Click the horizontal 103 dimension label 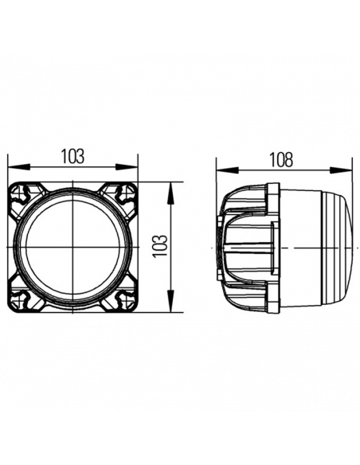[x=72, y=156]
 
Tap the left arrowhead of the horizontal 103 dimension [x=12, y=168]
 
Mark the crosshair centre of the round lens [x=73, y=247]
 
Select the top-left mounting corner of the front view [x=22, y=195]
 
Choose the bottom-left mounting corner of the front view [x=22, y=299]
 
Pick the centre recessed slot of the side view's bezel [x=238, y=247]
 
